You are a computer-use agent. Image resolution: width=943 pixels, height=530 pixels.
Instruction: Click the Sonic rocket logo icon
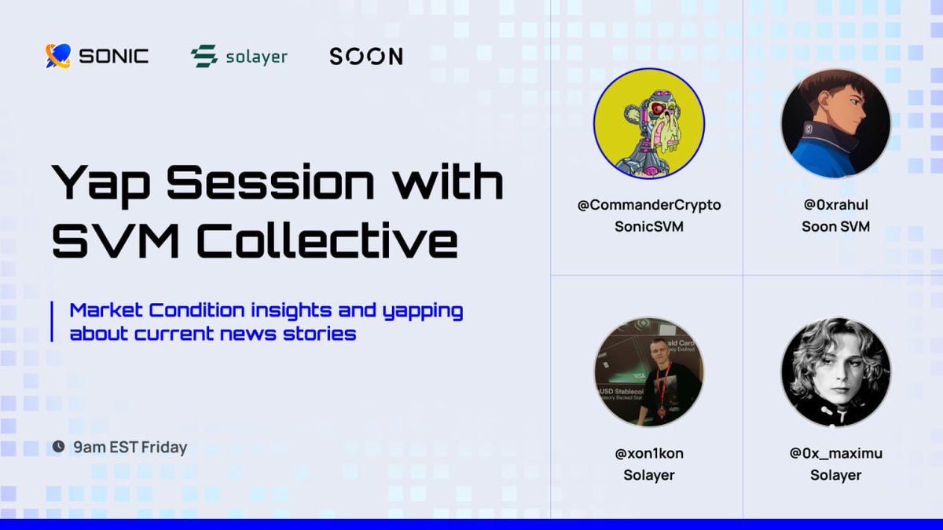point(58,56)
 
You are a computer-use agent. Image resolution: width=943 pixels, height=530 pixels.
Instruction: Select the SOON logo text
point(366,57)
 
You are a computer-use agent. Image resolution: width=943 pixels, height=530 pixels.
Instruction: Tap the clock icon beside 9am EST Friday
point(58,447)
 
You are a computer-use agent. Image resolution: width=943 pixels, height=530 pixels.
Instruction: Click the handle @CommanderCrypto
point(649,205)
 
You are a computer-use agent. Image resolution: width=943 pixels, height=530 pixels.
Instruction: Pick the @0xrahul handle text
point(835,205)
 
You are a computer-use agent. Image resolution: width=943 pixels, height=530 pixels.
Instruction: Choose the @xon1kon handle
point(649,453)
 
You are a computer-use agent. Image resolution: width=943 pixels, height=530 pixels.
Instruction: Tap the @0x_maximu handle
point(835,453)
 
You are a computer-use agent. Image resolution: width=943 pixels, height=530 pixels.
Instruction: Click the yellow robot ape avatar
point(649,123)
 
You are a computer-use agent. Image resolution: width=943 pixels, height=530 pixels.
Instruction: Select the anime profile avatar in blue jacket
point(835,123)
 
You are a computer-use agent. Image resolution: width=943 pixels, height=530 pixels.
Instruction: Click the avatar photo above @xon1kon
point(649,371)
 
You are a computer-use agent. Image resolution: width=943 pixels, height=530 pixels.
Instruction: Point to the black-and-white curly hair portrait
point(835,371)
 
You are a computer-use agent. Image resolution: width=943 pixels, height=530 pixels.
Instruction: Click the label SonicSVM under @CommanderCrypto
point(649,226)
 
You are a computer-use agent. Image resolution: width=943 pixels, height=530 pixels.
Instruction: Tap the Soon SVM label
point(835,226)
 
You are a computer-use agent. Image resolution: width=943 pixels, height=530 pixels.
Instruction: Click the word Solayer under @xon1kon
point(649,475)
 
